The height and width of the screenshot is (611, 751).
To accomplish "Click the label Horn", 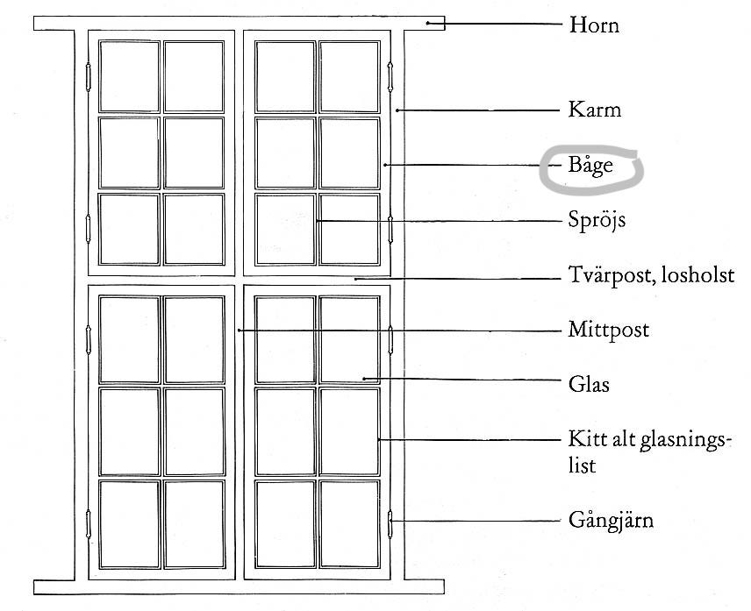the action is (x=594, y=25).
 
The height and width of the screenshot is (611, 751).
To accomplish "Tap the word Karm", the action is (x=594, y=110).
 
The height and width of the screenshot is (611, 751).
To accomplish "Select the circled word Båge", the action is (x=590, y=166).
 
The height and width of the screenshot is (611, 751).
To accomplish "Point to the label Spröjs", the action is (x=597, y=221).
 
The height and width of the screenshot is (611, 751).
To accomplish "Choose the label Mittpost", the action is (x=609, y=330).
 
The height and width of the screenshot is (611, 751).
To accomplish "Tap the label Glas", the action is (x=589, y=384).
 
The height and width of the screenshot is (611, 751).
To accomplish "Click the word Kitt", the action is (x=583, y=439).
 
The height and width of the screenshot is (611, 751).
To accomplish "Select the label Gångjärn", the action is (x=612, y=521).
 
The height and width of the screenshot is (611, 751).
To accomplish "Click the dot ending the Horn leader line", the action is (x=429, y=23).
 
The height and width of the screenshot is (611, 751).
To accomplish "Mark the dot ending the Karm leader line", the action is (x=397, y=110).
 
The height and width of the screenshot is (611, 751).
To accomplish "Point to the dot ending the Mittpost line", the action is (x=239, y=330).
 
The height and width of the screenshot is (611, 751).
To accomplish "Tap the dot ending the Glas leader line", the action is (x=364, y=379).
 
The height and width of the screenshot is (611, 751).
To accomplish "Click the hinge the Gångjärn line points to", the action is (x=390, y=524).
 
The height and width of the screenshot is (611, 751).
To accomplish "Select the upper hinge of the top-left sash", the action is (x=88, y=76).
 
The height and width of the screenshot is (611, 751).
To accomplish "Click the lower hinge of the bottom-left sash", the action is (x=88, y=524).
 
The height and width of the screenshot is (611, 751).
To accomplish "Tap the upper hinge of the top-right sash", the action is (x=390, y=76).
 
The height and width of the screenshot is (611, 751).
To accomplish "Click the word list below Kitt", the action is (x=582, y=465).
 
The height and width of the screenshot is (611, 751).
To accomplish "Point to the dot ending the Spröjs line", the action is (x=317, y=221).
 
